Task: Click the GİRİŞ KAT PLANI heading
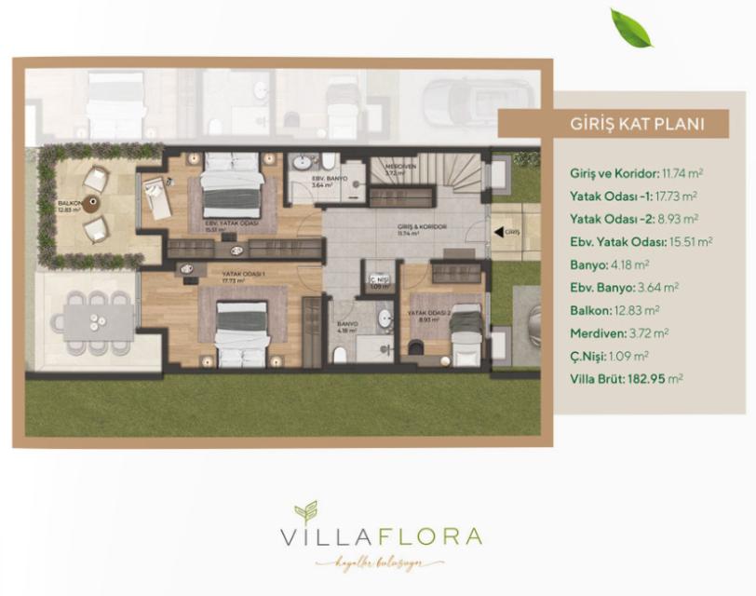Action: [636, 124]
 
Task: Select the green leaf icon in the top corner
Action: [630, 27]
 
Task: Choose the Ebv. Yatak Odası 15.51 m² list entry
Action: [641, 241]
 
